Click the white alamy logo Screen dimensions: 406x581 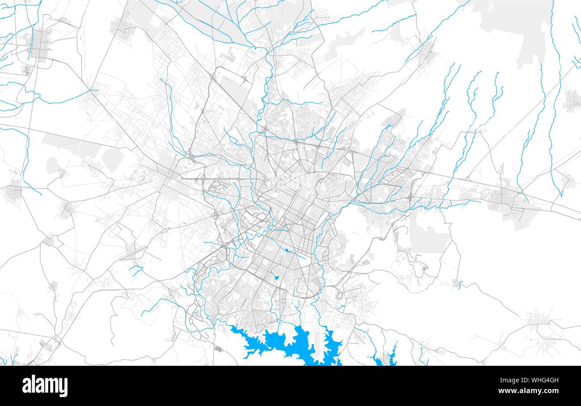pos(45,386)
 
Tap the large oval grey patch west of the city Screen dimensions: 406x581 pos(112,159)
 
